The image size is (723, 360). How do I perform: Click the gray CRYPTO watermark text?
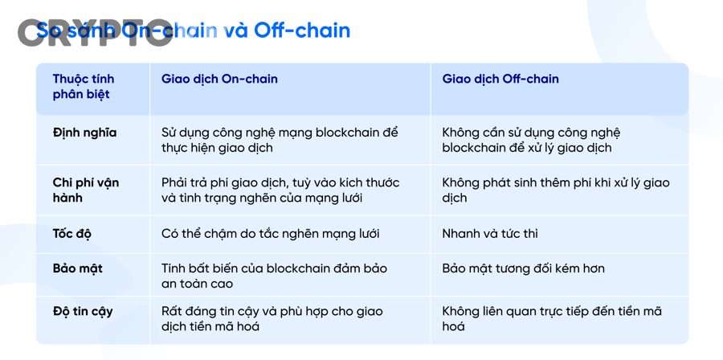tap(95, 32)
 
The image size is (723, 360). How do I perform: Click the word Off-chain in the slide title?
tap(302, 31)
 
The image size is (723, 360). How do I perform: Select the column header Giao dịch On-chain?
tap(219, 79)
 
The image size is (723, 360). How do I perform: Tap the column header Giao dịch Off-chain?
tap(500, 79)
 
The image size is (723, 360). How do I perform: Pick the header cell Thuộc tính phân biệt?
tap(83, 86)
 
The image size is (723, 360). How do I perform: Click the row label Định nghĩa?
tap(84, 133)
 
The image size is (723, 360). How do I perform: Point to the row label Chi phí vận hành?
tap(85, 190)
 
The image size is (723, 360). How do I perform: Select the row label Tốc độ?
tap(72, 234)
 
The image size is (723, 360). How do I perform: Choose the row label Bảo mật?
tap(77, 268)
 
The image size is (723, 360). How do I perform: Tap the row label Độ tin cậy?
tap(83, 311)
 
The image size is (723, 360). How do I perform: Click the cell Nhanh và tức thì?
tap(490, 234)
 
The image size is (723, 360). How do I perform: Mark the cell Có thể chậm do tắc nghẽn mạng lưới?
tap(270, 234)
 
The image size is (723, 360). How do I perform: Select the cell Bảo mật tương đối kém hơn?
tap(523, 268)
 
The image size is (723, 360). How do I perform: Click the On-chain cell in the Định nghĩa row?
tap(280, 140)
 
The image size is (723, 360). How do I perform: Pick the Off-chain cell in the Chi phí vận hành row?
tap(555, 190)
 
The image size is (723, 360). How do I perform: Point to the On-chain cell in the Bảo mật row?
tap(274, 276)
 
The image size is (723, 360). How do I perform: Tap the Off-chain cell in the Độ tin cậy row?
tap(551, 318)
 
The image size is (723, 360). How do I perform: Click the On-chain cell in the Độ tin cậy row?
tap(272, 318)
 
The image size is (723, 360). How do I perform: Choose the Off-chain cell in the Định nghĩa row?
tap(531, 140)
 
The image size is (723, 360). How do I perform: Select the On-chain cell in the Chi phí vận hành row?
tap(280, 190)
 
